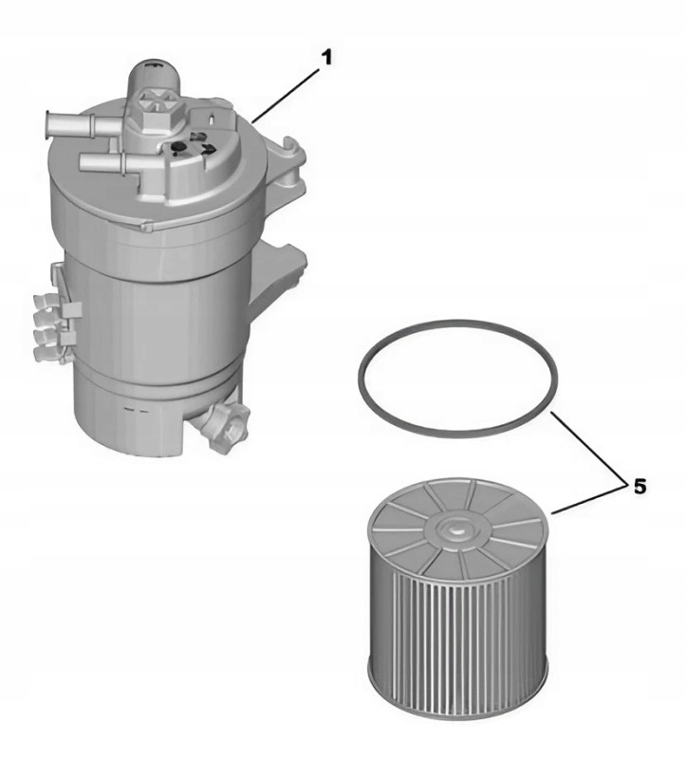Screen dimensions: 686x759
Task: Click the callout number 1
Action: pos(327,58)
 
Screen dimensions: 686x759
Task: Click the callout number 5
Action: pos(640,487)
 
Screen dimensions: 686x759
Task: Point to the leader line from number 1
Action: pos(287,96)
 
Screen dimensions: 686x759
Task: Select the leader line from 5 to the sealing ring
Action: pos(587,447)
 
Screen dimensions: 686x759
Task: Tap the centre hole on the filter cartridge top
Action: pos(455,529)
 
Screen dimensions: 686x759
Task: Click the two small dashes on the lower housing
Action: pos(136,411)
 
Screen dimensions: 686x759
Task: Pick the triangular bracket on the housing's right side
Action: pos(276,277)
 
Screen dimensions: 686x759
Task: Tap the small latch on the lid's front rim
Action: pos(147,224)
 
